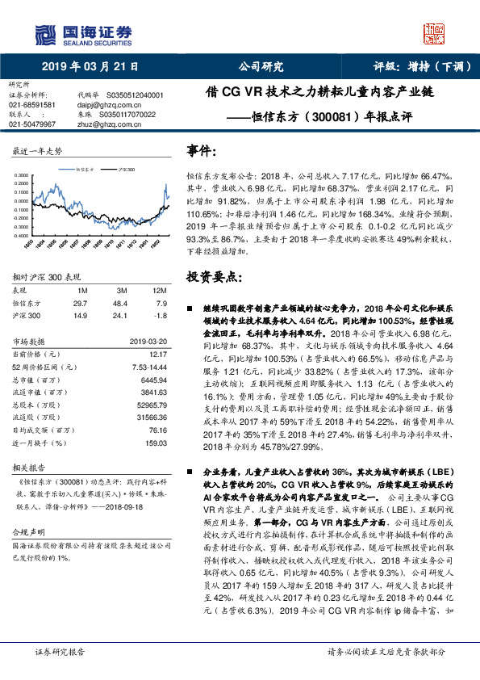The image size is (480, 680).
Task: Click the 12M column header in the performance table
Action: coord(160,290)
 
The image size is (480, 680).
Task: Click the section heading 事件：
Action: coord(201,150)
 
